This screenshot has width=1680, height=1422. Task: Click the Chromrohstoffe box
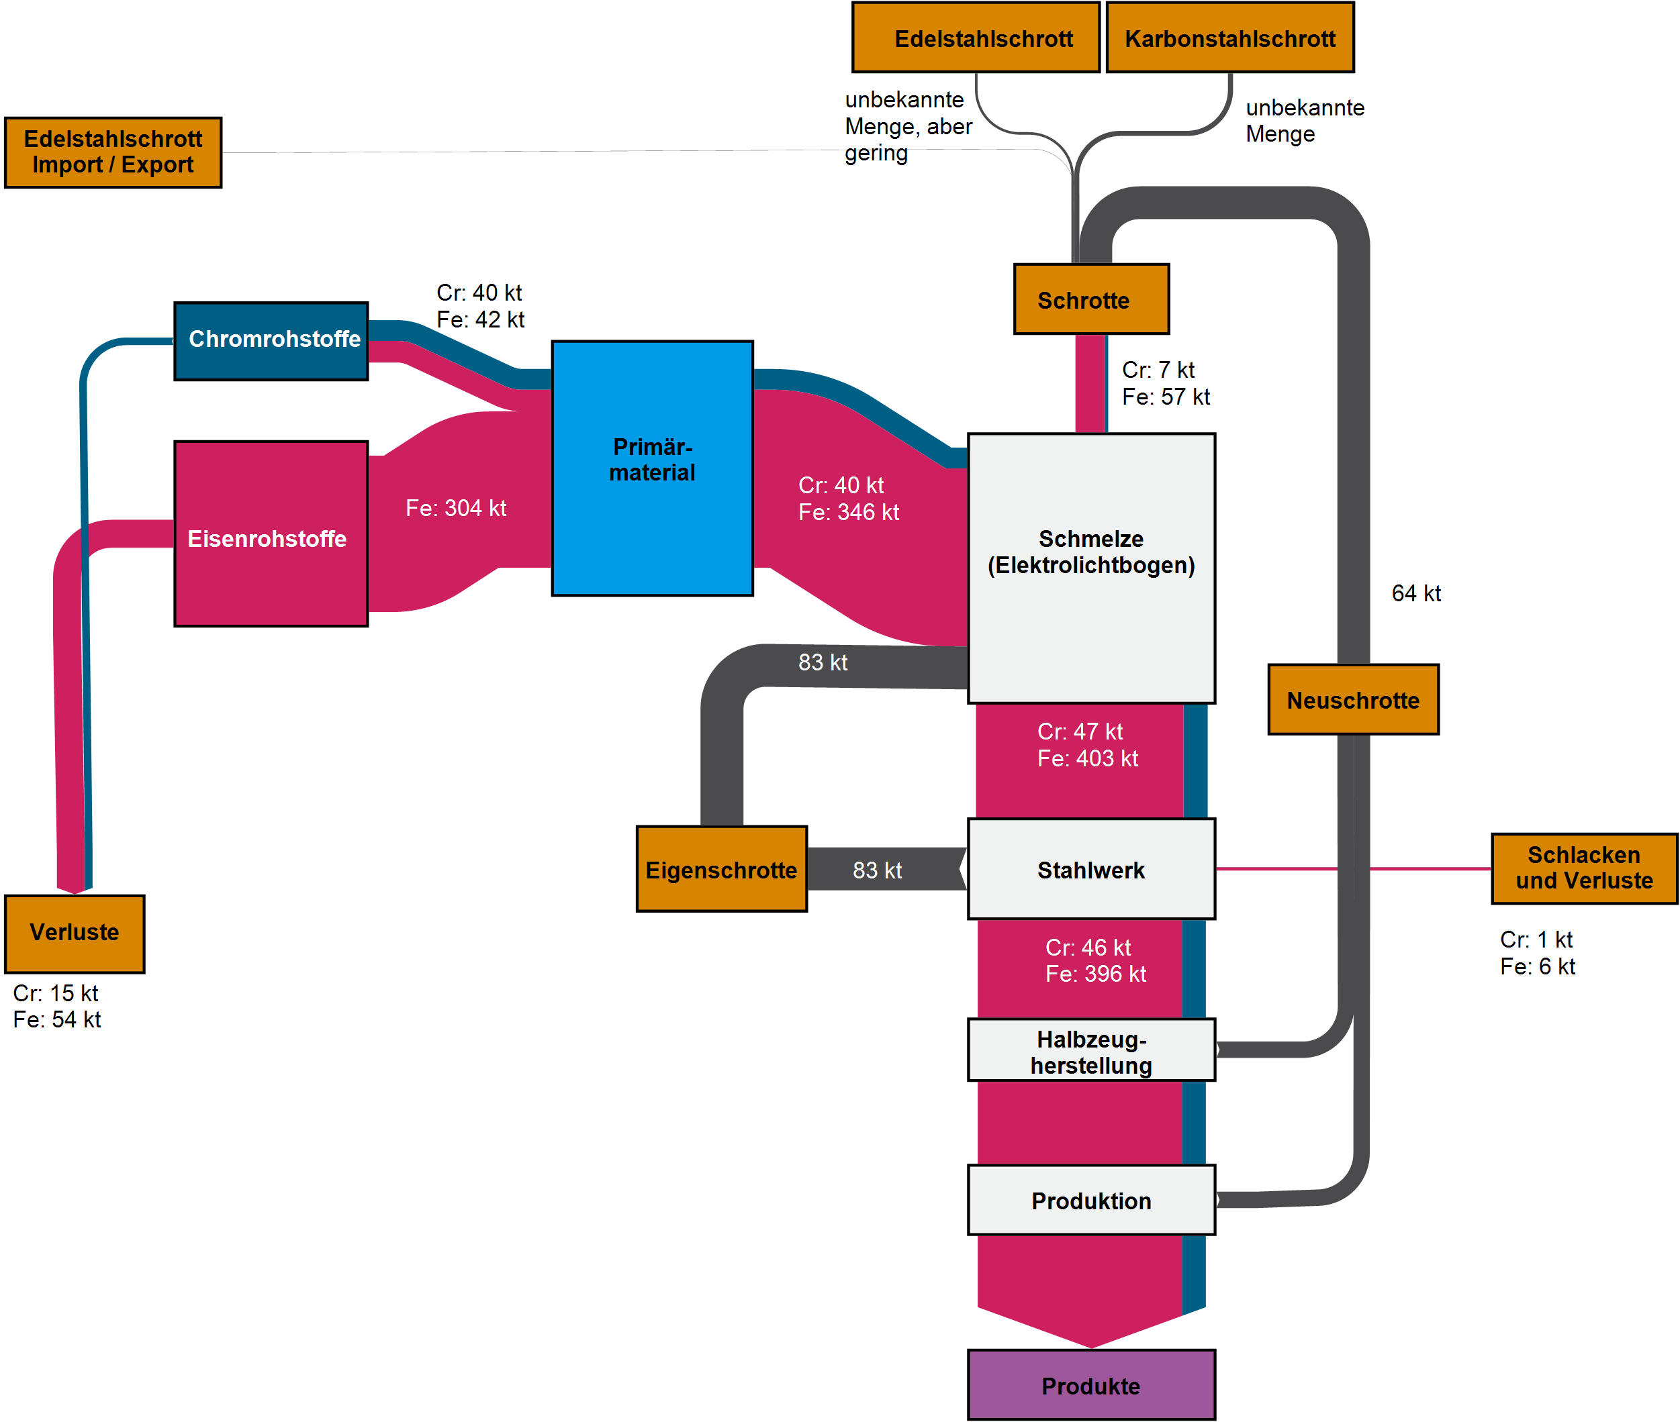[271, 341]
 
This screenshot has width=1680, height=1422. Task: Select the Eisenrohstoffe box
[271, 534]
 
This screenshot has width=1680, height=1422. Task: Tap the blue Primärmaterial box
[652, 468]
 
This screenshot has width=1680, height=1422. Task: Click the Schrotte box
[1090, 299]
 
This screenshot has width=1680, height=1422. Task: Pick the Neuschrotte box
[1352, 700]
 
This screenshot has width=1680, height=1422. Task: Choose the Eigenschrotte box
[721, 869]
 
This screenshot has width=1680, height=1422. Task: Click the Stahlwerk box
[1090, 869]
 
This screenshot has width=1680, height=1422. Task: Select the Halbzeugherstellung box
[1090, 1050]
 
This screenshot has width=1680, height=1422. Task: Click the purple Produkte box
[1090, 1385]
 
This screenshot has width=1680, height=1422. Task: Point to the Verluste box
[75, 933]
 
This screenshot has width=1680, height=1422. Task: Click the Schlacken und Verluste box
[1583, 868]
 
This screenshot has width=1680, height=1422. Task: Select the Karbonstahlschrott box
[1229, 38]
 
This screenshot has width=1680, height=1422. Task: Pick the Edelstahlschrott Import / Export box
[113, 152]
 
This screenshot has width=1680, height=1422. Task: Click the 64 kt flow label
[1415, 594]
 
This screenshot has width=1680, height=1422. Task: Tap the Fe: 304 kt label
[456, 509]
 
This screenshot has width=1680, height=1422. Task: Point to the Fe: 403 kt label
[1087, 758]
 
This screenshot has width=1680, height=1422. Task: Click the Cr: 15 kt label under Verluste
[56, 993]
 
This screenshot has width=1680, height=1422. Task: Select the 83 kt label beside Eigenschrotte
[877, 870]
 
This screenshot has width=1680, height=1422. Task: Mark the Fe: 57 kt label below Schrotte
[1166, 397]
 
